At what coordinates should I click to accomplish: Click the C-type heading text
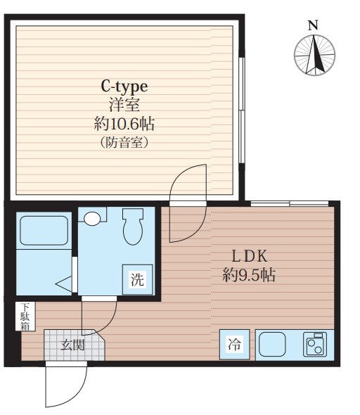[x=124, y=87]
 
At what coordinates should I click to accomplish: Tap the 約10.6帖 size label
[x=124, y=124]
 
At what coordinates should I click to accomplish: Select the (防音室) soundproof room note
[x=124, y=142]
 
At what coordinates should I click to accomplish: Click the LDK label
[x=250, y=256]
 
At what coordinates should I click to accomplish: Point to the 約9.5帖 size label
[x=249, y=275]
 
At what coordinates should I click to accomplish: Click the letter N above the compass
[x=313, y=25]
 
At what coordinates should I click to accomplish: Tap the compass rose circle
[x=314, y=56]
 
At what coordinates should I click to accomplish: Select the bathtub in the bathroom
[x=44, y=231]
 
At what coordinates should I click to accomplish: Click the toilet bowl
[x=133, y=226]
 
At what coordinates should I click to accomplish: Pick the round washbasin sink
[x=92, y=219]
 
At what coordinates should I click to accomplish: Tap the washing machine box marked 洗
[x=138, y=279]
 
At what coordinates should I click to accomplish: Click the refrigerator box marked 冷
[x=235, y=345]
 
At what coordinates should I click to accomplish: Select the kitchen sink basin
[x=272, y=345]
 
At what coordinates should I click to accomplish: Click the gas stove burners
[x=315, y=344]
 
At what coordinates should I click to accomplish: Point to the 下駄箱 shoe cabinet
[x=25, y=317]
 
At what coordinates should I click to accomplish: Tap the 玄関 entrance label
[x=72, y=345]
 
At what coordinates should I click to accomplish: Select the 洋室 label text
[x=124, y=105]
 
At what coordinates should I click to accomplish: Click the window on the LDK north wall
[x=290, y=204]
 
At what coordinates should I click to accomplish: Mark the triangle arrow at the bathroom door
[x=64, y=284]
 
